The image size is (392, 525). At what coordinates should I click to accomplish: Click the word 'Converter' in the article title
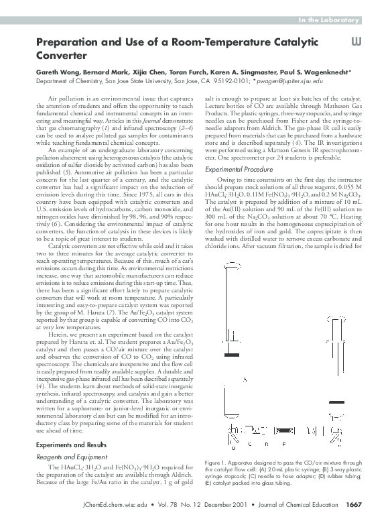pyautogui.click(x=62, y=56)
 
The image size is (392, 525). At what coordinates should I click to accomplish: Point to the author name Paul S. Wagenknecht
pyautogui.click(x=328, y=72)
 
